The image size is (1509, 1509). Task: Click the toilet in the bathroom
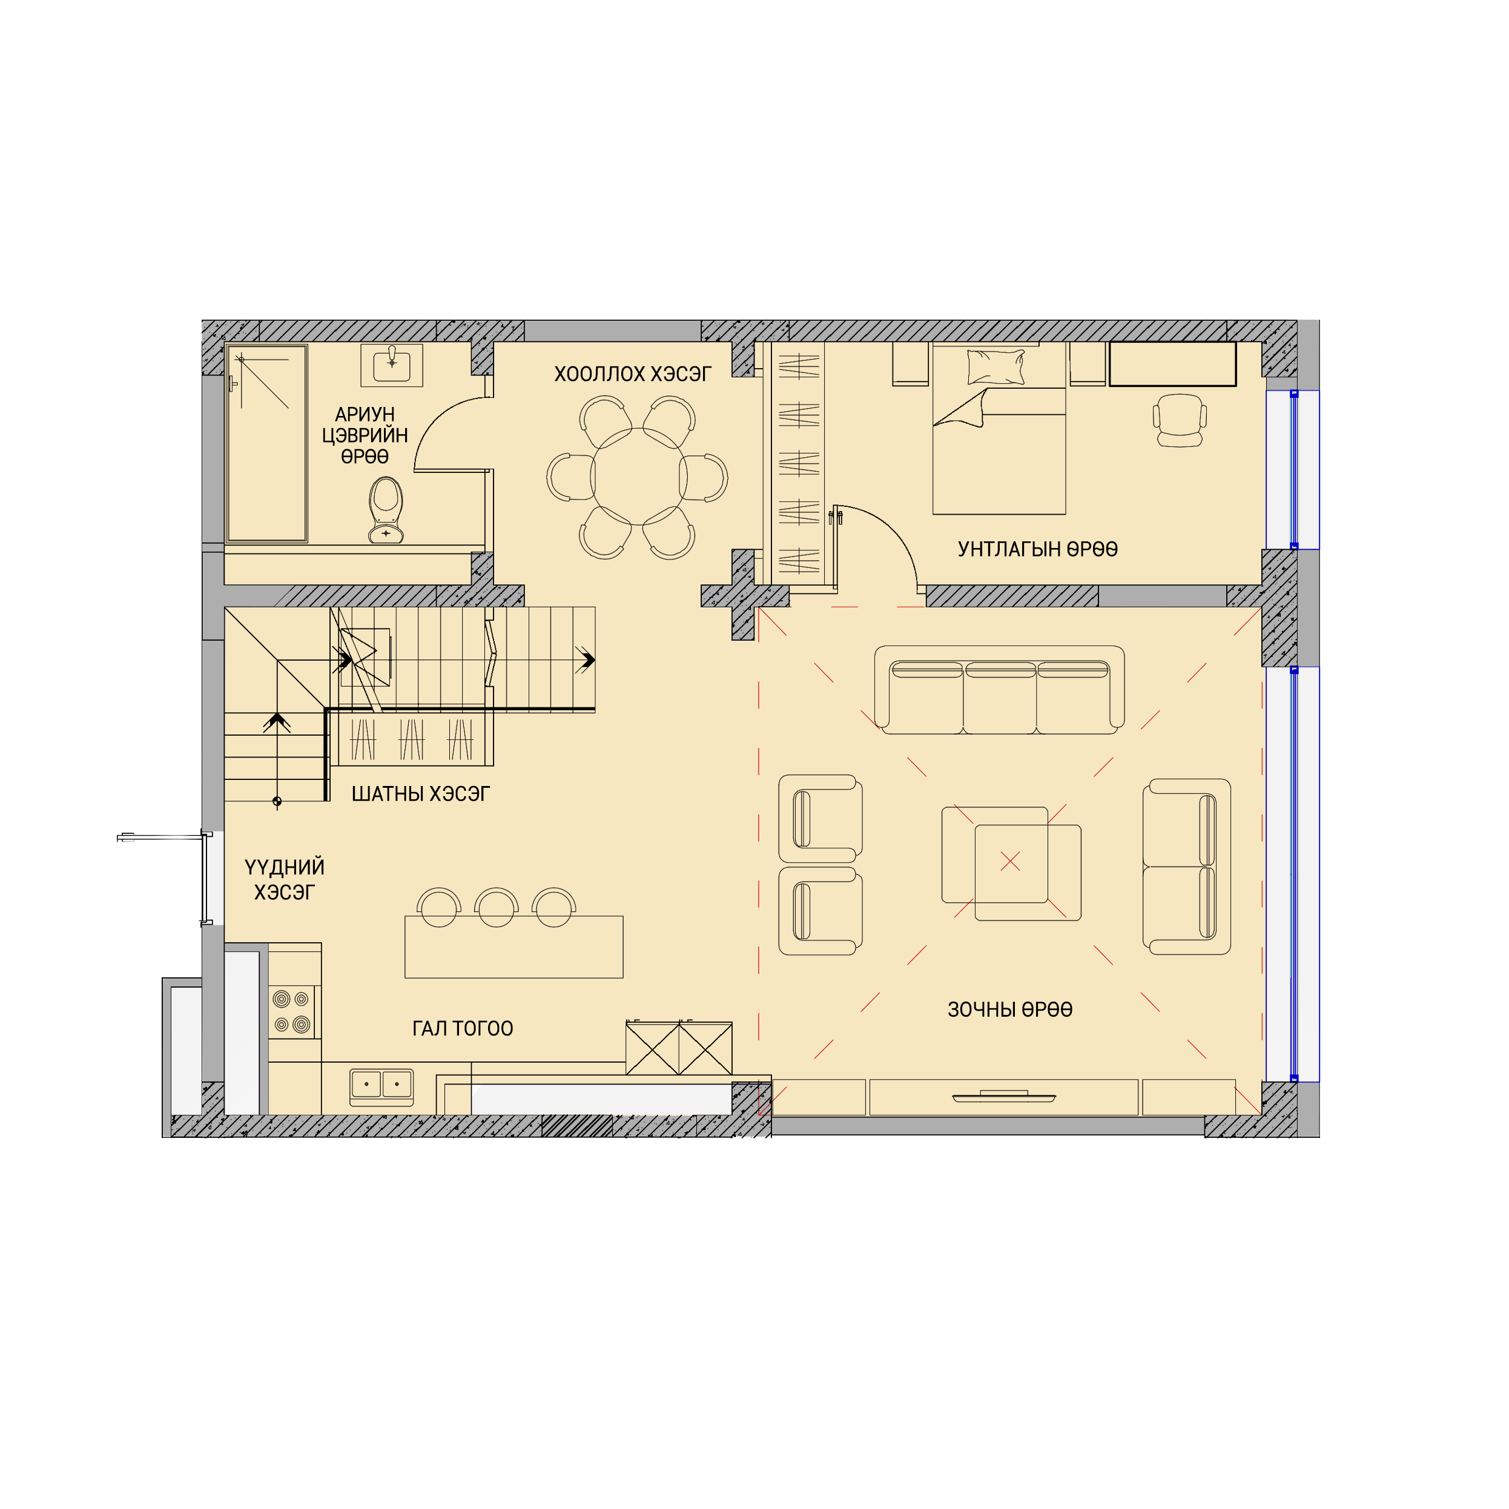coord(386,511)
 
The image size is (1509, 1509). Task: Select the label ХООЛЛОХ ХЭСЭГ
coord(633,374)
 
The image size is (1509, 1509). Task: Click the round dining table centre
coord(638,477)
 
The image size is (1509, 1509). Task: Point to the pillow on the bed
coord(996,366)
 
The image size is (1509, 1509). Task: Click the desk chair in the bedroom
coord(1180,420)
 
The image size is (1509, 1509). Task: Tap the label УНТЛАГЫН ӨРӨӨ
coord(1037,549)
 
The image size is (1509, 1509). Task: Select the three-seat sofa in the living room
coord(999,690)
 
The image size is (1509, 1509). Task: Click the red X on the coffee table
coord(1010,860)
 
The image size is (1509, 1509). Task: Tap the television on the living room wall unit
coord(1005,1097)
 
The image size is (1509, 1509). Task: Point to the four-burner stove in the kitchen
coord(291,1011)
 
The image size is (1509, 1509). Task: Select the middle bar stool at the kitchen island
coord(496,908)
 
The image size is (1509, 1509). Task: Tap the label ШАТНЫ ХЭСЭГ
coord(420,794)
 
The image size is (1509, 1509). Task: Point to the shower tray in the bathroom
coord(266,443)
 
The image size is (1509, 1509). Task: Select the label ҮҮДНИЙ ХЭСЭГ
coord(285,879)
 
